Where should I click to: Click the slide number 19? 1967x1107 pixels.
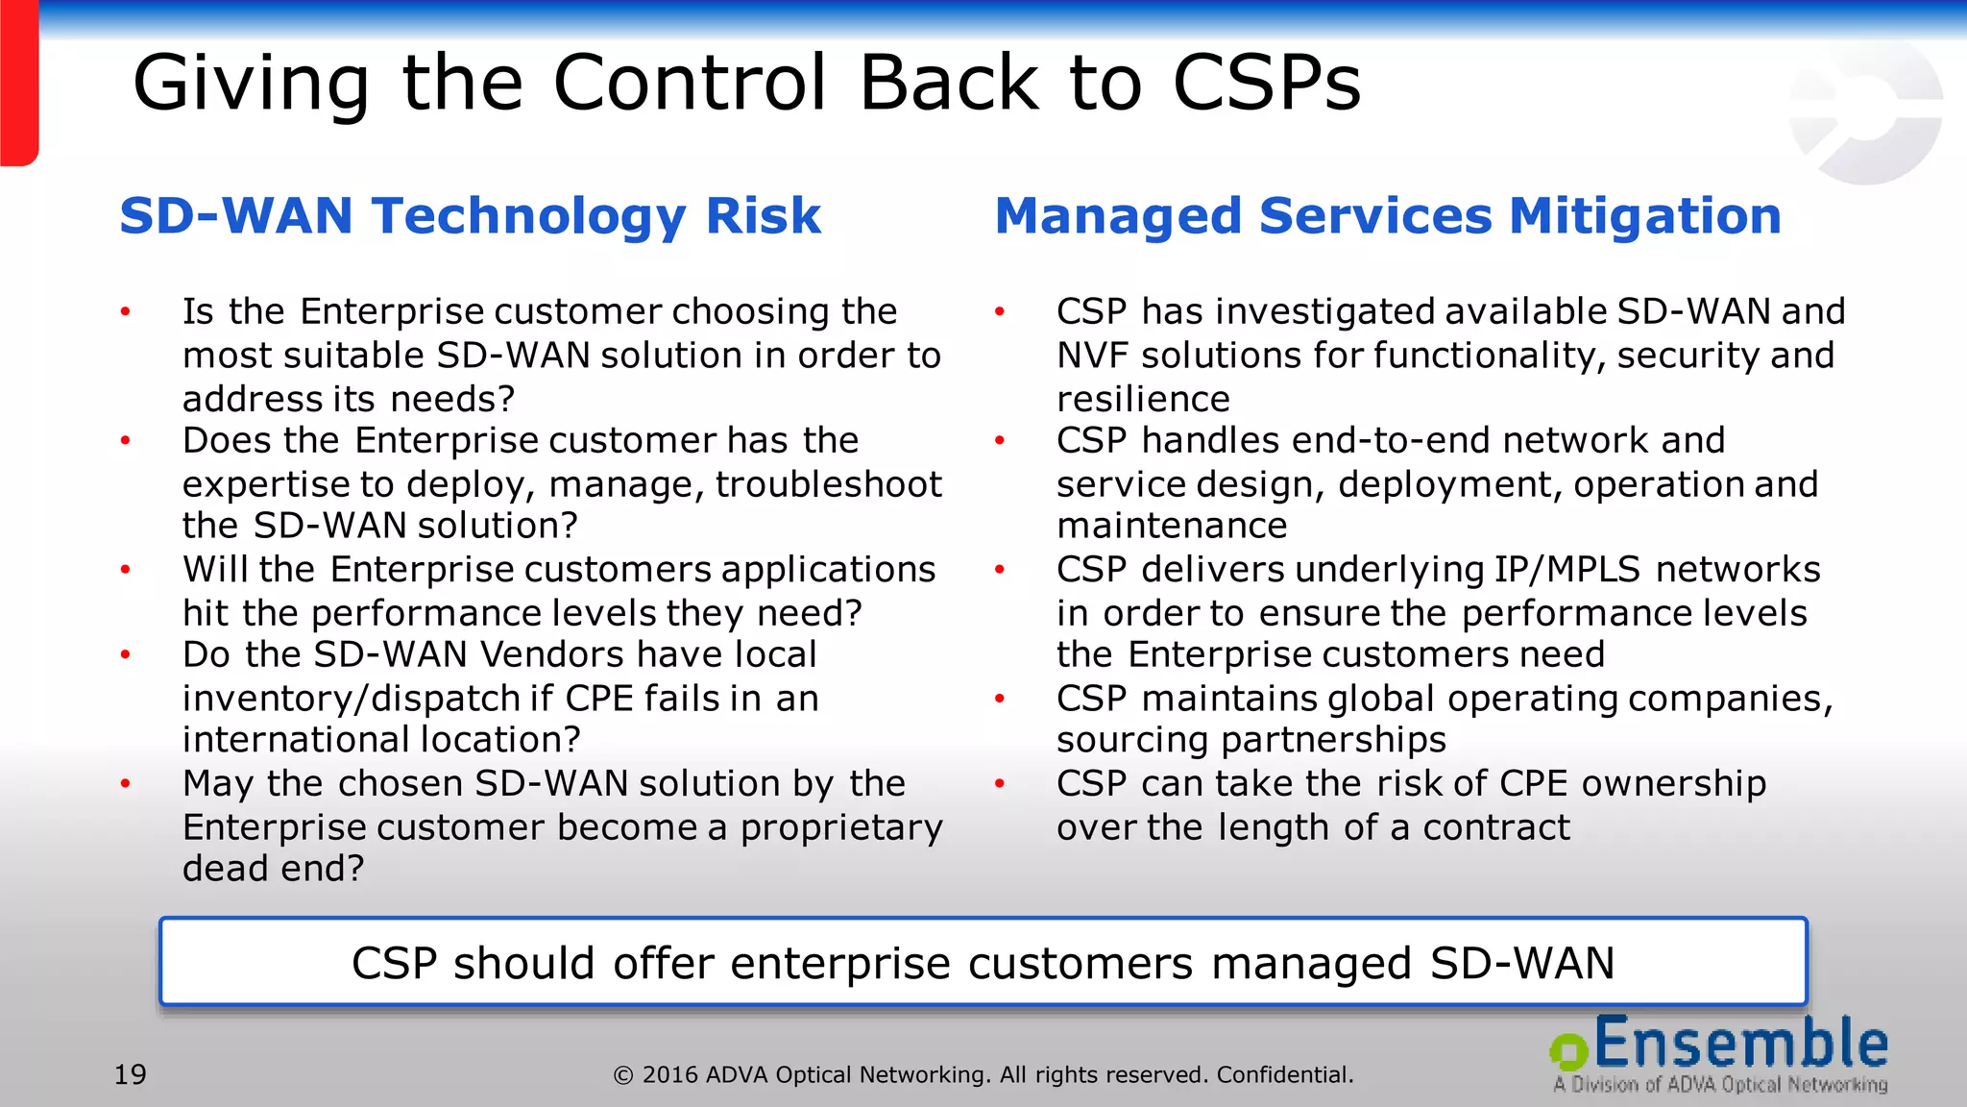131,1074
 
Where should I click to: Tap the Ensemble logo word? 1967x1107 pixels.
1741,1045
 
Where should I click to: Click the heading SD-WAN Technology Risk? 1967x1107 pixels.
470,215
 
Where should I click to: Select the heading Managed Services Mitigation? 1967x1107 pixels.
1387,215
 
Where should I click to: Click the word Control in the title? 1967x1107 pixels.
689,83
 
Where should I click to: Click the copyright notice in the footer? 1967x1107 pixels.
983,1074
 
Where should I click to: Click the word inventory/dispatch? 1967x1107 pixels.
366,699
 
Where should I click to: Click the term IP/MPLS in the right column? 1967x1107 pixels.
1566,570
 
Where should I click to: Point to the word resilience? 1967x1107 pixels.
1143,399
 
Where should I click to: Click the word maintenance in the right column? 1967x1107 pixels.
1171,526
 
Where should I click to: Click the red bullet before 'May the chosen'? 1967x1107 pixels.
125,784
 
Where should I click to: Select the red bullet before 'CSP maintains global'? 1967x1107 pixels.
999,699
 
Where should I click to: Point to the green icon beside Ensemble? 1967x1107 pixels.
1568,1050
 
